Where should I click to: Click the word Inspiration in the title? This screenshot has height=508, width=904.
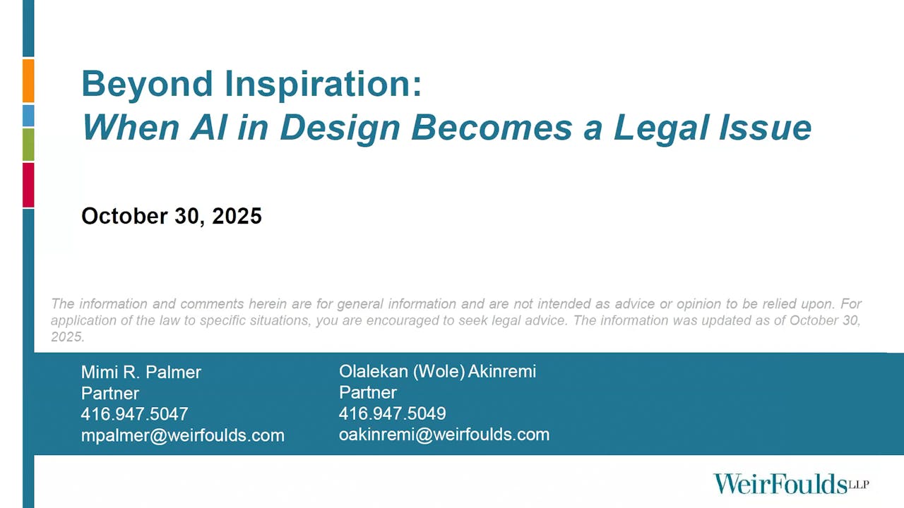(324, 85)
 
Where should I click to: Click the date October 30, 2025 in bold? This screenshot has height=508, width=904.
(172, 216)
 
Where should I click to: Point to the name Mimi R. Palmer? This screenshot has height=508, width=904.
(141, 372)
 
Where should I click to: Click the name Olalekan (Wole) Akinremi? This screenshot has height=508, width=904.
(437, 371)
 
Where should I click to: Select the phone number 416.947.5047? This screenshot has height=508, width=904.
(134, 414)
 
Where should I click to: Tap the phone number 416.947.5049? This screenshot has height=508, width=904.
(392, 413)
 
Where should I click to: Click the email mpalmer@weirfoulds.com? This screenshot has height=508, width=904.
(182, 435)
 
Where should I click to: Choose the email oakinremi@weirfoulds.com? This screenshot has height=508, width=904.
(444, 435)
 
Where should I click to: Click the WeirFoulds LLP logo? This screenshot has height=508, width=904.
(790, 484)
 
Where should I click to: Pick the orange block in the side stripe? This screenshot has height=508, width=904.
(28, 80)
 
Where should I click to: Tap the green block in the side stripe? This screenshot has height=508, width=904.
(28, 144)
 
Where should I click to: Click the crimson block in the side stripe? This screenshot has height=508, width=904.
(28, 185)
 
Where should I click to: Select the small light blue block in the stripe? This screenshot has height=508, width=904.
(28, 115)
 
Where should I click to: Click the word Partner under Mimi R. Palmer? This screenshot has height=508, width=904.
(110, 393)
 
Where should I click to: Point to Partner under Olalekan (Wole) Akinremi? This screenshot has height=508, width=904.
(368, 392)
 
